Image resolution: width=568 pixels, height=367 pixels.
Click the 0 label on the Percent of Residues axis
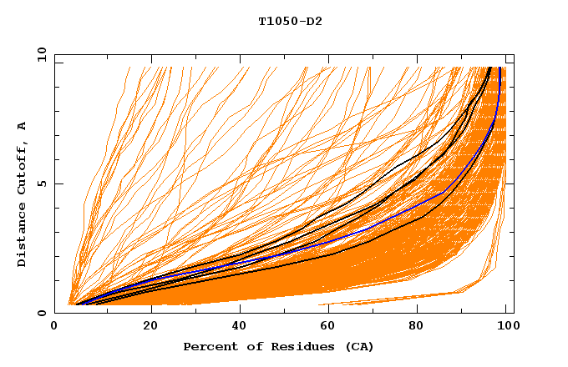click(x=55, y=327)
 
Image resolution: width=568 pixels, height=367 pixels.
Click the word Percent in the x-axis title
click(x=208, y=346)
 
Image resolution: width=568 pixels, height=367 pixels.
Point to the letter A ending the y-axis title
click(x=22, y=126)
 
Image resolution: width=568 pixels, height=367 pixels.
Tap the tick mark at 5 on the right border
click(x=510, y=183)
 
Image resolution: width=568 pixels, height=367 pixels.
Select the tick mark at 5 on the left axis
click(x=58, y=183)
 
